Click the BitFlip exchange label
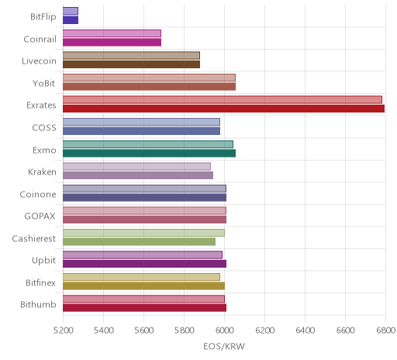(43, 17)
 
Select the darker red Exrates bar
(223, 109)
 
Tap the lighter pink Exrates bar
(223, 100)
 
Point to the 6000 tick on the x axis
(224, 331)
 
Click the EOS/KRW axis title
(224, 346)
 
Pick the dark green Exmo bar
(149, 153)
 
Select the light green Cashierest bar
(143, 233)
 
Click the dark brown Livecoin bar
(131, 64)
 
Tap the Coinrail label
(40, 39)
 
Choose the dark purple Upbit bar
(144, 264)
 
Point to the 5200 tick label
(63, 331)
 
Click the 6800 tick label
(385, 331)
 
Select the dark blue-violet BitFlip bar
(71, 20)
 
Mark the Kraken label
(42, 172)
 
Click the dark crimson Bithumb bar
(144, 308)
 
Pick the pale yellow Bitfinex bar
(141, 277)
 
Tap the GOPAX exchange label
(40, 216)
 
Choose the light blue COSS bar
(141, 122)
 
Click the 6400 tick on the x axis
(305, 331)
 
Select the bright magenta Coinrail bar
(112, 42)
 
